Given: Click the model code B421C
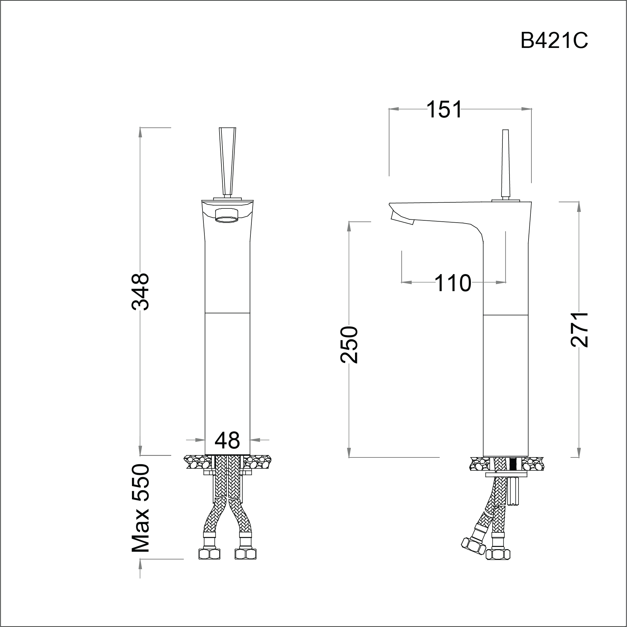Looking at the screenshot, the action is [x=554, y=41].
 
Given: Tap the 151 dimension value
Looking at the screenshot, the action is [x=444, y=109].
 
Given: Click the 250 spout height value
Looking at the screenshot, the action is [x=349, y=345].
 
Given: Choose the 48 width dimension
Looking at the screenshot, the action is [x=227, y=440].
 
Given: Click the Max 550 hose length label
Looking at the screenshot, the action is [x=140, y=508].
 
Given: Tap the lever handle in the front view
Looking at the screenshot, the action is [x=227, y=162].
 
